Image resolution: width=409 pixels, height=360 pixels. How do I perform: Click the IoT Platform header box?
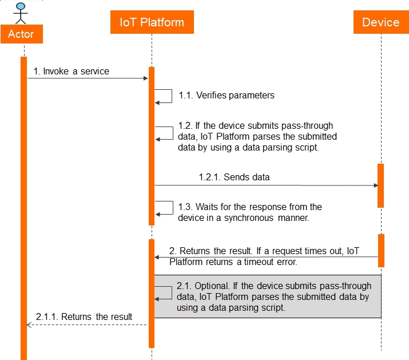pyautogui.click(x=152, y=23)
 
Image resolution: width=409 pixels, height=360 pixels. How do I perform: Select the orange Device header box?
pyautogui.click(x=380, y=23)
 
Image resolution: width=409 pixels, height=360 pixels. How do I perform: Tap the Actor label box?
pyautogui.click(x=21, y=34)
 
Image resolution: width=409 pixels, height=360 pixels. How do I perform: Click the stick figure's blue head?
pyautogui.click(x=21, y=7)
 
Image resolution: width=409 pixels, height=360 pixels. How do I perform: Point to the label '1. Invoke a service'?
pyautogui.click(x=71, y=72)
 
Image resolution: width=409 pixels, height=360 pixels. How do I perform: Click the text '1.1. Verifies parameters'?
pyautogui.click(x=227, y=96)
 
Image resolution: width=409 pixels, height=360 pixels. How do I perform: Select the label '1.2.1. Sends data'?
pyautogui.click(x=234, y=177)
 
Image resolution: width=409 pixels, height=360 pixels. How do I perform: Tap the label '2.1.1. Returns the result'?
pyautogui.click(x=84, y=317)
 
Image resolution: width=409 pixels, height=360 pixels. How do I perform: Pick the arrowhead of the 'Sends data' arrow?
pyautogui.click(x=375, y=185)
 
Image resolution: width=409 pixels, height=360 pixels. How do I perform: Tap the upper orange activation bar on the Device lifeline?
pyautogui.click(x=380, y=185)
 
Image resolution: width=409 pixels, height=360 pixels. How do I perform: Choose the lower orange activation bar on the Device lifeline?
pyautogui.click(x=380, y=250)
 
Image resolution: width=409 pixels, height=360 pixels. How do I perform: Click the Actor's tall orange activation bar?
pyautogui.click(x=23, y=206)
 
